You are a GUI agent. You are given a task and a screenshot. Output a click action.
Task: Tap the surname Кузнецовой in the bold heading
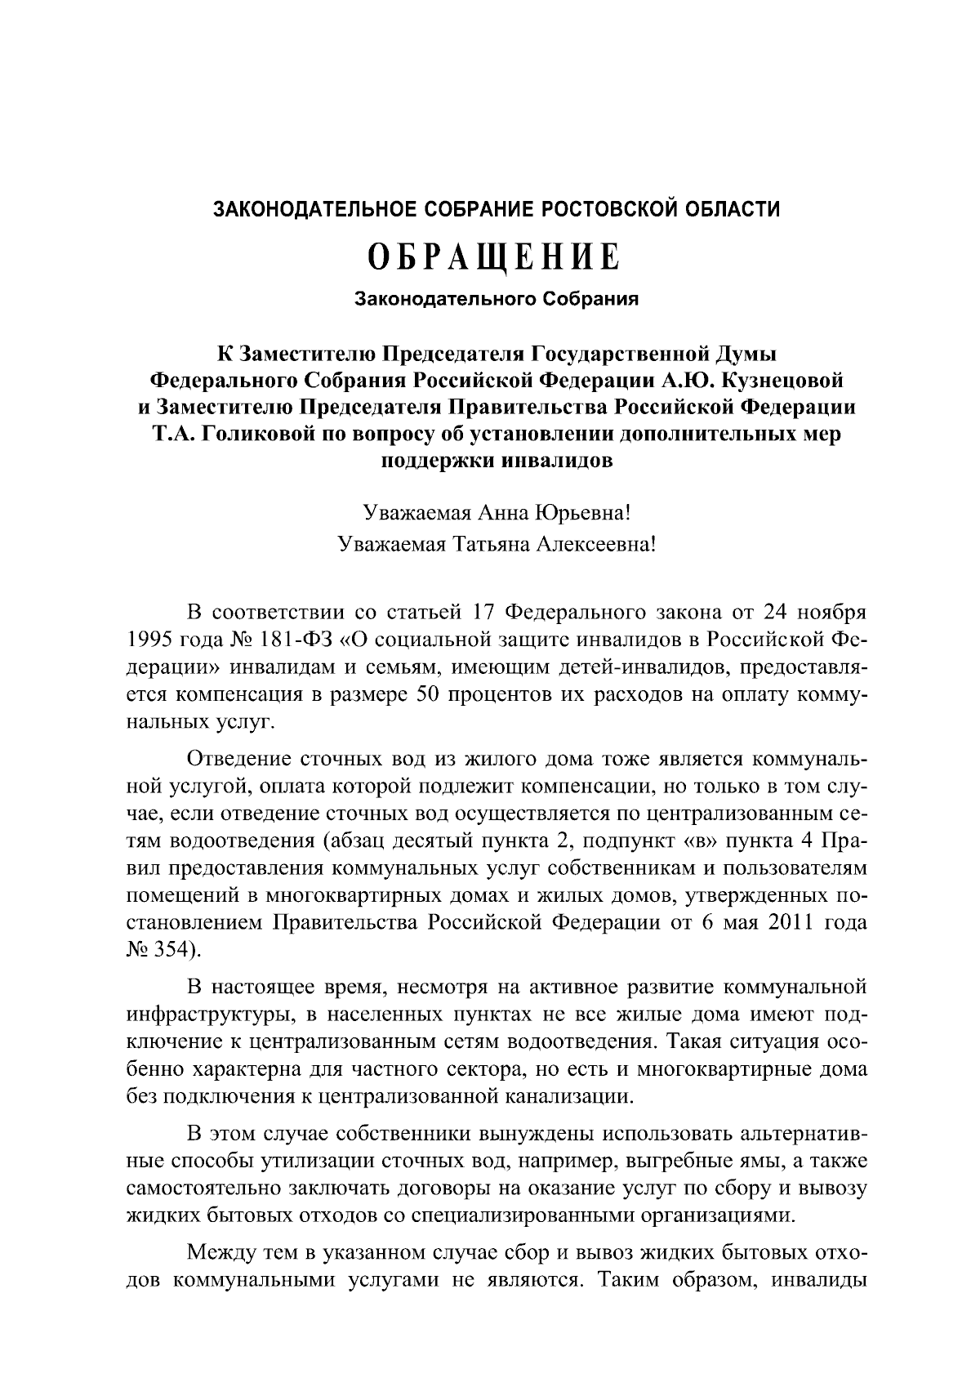click(782, 380)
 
